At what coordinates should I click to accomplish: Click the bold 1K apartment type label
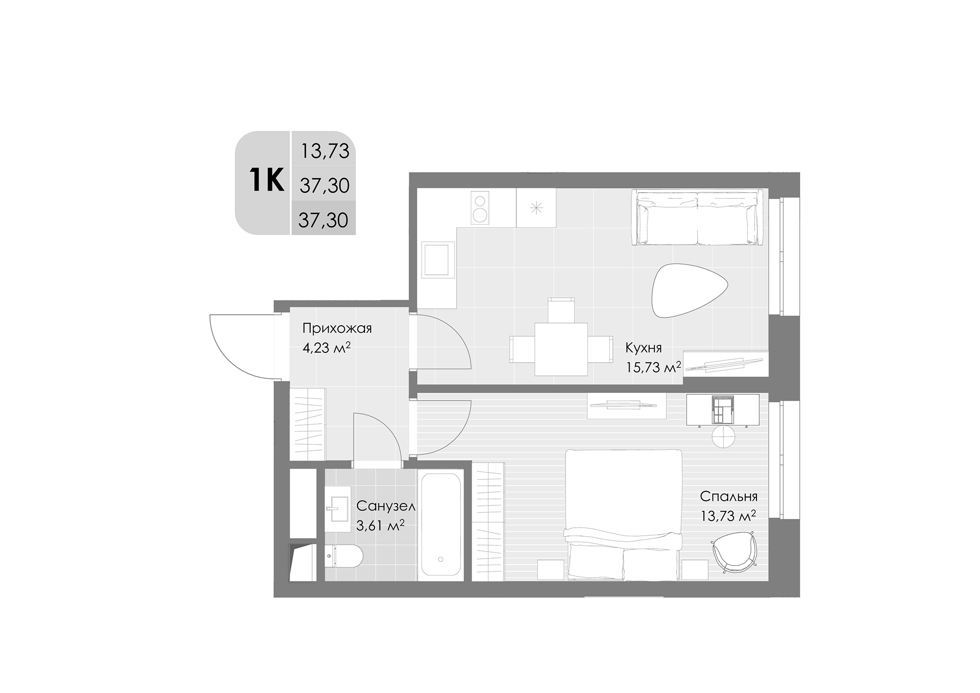click(266, 181)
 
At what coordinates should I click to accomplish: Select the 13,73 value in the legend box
click(325, 151)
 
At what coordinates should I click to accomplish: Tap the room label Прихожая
click(337, 329)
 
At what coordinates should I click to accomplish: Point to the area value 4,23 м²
click(327, 348)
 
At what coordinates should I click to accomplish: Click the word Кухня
click(644, 348)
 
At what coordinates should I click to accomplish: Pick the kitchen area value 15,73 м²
click(653, 367)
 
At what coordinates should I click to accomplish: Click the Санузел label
click(385, 506)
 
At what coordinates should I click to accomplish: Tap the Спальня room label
click(728, 496)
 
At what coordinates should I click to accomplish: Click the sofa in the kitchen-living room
click(697, 217)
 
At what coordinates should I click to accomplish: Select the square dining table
click(561, 349)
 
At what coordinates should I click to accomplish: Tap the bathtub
click(441, 525)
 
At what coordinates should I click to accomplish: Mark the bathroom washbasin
click(337, 508)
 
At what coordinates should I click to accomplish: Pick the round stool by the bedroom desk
click(723, 437)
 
